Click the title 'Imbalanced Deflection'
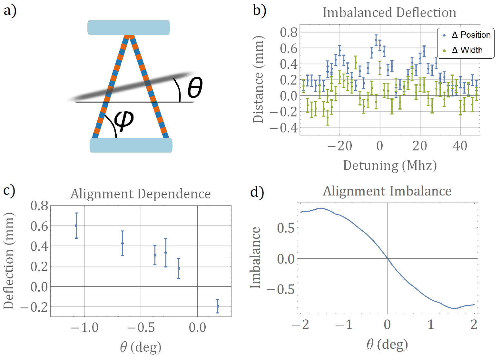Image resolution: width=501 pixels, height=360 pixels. (x=389, y=13)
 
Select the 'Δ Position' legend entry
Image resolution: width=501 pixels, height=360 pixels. (x=471, y=35)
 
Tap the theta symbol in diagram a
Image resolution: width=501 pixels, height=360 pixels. (x=195, y=87)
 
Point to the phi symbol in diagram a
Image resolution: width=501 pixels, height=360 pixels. (x=124, y=120)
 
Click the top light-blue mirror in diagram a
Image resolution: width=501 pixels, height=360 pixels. (x=129, y=27)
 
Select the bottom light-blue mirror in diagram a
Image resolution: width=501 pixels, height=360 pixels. (x=131, y=145)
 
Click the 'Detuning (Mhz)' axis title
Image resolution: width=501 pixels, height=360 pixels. (x=390, y=165)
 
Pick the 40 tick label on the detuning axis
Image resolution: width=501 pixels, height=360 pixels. (x=460, y=146)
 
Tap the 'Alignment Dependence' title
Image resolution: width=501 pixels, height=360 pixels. (x=141, y=194)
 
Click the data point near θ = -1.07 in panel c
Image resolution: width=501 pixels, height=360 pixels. (x=76, y=226)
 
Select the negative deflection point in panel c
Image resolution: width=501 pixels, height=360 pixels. (x=218, y=306)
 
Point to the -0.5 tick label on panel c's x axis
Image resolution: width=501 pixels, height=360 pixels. (x=141, y=328)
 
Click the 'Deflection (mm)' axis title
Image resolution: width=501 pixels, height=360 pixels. (x=9, y=261)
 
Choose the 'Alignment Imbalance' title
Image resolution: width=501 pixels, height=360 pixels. (x=387, y=191)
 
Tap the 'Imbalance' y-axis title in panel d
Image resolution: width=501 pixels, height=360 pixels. (x=255, y=258)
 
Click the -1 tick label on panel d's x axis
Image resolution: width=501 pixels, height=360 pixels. (x=344, y=325)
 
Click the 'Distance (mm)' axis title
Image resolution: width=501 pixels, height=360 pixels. (x=258, y=79)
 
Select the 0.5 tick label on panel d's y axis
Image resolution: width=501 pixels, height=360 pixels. (x=286, y=228)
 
